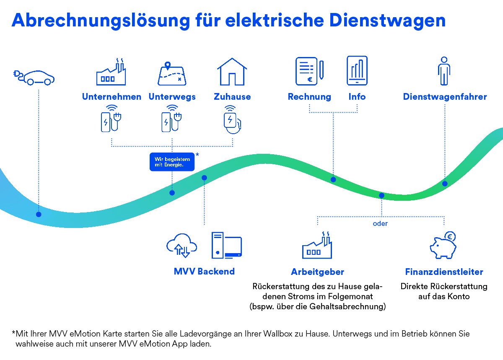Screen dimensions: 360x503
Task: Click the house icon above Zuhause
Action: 231,72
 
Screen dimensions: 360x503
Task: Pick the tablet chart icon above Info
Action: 357,70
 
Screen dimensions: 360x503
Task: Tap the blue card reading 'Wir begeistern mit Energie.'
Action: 172,162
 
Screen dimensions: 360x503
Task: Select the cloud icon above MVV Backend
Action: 182,245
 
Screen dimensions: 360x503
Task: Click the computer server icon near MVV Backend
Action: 226,245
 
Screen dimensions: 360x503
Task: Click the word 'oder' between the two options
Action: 380,223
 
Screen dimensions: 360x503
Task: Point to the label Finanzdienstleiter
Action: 444,272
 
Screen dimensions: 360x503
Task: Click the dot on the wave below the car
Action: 39,214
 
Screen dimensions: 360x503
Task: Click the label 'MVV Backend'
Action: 204,271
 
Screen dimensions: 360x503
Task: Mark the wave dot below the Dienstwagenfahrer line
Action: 445,184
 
